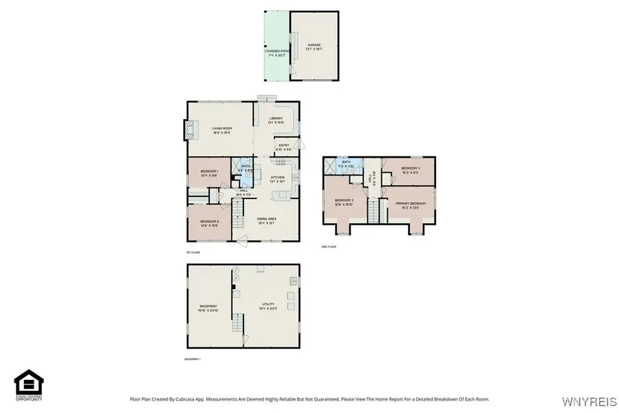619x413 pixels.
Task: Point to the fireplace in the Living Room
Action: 190,130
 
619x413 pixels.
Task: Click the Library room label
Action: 276,120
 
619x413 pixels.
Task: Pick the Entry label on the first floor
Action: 284,147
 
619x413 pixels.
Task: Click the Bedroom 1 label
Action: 209,173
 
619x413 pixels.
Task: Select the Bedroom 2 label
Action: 209,223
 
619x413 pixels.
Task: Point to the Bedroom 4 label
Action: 410,170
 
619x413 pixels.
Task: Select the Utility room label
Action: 268,307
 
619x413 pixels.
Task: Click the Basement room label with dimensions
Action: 208,308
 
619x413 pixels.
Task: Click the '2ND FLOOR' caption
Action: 329,246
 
